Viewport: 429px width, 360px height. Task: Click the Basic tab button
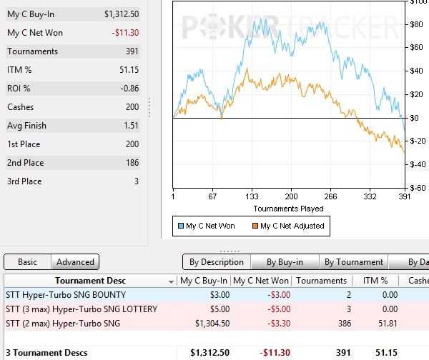27,262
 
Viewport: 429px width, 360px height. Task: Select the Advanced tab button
75,262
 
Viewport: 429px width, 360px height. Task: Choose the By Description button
217,262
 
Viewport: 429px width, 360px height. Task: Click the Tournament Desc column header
90,281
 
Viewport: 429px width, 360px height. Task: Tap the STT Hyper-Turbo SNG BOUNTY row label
65,295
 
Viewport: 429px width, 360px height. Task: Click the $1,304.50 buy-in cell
209,324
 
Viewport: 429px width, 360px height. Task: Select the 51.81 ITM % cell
376,324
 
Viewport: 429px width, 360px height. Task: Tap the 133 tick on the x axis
251,196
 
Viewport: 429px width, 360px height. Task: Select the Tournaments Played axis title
288,209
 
